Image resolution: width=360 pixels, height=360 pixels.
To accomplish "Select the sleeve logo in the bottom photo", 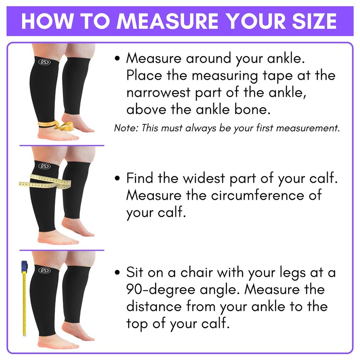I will pyautogui.click(x=44, y=270).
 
